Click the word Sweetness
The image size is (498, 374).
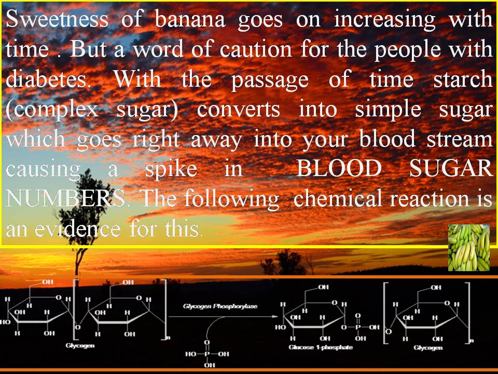tap(57, 19)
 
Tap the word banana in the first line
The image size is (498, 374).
tap(190, 19)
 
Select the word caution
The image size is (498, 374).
tap(256, 49)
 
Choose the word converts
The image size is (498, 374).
tap(238, 110)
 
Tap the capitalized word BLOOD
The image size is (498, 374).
tap(339, 168)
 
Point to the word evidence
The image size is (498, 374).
tap(78, 228)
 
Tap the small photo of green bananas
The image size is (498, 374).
tap(469, 248)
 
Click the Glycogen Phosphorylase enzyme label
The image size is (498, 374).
tap(220, 306)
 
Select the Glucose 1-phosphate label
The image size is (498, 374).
tap(321, 348)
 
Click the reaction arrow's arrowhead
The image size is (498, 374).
tap(275, 316)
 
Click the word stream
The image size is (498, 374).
tap(459, 139)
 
